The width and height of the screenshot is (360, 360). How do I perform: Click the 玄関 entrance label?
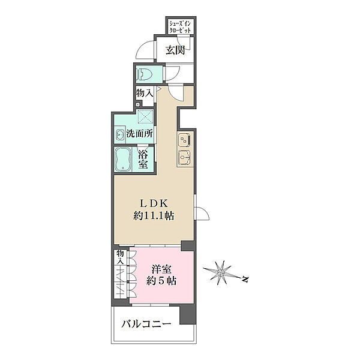pyautogui.click(x=175, y=50)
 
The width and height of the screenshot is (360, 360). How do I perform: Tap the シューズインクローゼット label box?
pyautogui.click(x=180, y=26)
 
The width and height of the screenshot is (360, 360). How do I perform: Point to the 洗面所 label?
pyautogui.click(x=140, y=134)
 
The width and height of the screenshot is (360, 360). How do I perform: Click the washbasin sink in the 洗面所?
pyautogui.click(x=119, y=135)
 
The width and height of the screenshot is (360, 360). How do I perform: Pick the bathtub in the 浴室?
pyautogui.click(x=123, y=159)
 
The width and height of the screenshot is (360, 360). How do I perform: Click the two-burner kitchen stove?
pyautogui.click(x=185, y=140)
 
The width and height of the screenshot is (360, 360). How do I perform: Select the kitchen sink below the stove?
pyautogui.click(x=185, y=157)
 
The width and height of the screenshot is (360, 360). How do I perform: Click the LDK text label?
pyautogui.click(x=154, y=203)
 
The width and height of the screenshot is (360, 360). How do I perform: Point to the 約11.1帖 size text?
pyautogui.click(x=154, y=216)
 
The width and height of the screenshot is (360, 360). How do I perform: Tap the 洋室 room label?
pyautogui.click(x=161, y=269)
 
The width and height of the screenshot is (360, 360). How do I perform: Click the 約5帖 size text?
pyautogui.click(x=161, y=281)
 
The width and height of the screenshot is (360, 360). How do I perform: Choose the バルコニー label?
pyautogui.click(x=146, y=324)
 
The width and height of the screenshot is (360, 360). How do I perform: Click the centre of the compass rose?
pyautogui.click(x=221, y=273)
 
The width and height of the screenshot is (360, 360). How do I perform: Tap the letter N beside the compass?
pyautogui.click(x=245, y=279)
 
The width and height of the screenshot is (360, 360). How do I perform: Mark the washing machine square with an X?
pyautogui.click(x=145, y=116)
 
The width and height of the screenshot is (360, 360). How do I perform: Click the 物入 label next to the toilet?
pyautogui.click(x=145, y=93)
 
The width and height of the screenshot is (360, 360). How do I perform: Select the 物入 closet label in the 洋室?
pyautogui.click(x=120, y=257)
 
